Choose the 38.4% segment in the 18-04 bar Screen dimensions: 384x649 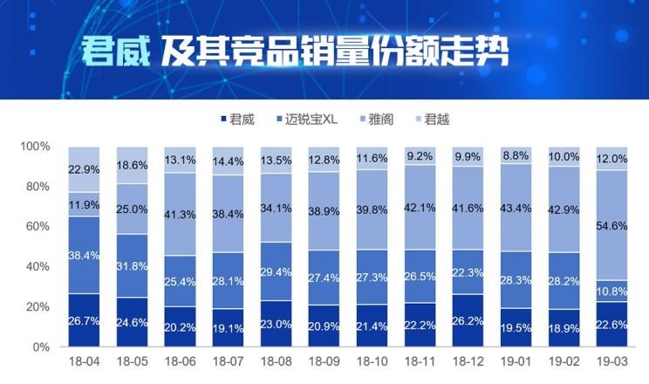point(85,255)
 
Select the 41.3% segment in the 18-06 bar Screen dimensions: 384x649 point(179,214)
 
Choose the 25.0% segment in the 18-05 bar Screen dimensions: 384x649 point(132,209)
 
